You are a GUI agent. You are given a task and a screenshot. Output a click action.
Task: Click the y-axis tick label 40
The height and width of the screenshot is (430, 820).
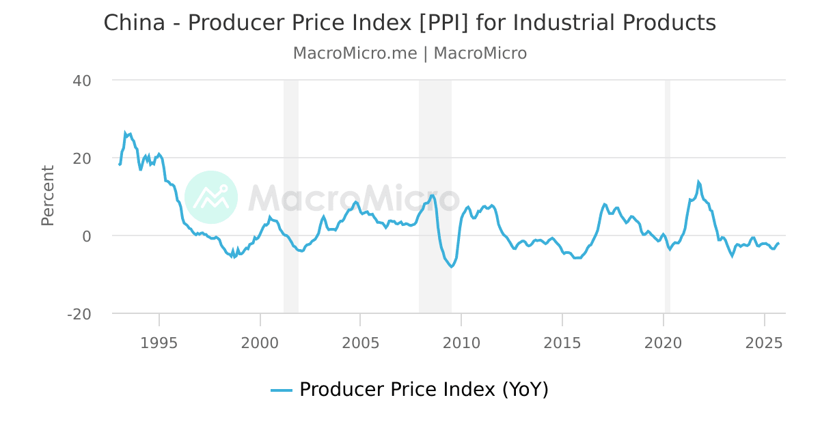tap(82, 81)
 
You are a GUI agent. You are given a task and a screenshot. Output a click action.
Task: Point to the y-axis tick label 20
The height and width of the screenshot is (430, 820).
tap(82, 158)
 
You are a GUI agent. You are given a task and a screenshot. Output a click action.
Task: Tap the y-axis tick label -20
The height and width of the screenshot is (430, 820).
tap(79, 314)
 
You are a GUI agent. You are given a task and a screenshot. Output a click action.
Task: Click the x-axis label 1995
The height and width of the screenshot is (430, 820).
tap(159, 343)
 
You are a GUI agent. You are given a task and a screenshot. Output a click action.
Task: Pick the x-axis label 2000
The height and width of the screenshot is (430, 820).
tap(260, 343)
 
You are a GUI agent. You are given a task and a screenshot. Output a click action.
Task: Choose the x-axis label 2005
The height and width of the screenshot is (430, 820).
tap(360, 343)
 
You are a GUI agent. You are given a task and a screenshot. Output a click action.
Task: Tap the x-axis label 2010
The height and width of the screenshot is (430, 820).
tap(461, 343)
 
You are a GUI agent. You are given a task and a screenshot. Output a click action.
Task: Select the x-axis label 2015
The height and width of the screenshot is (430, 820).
tap(562, 343)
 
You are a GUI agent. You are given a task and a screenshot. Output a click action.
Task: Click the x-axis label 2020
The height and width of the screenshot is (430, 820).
tap(663, 343)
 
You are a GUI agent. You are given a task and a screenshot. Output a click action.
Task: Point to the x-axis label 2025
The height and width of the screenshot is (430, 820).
tap(763, 343)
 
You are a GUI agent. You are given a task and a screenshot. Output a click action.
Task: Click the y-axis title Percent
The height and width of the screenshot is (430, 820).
tap(47, 195)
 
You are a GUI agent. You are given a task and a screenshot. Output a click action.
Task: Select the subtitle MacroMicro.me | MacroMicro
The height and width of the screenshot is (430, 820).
tap(410, 53)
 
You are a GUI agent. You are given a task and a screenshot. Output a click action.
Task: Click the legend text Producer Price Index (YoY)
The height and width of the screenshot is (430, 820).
tap(424, 390)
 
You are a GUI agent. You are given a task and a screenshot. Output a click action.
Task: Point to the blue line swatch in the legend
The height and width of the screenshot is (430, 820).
tap(282, 390)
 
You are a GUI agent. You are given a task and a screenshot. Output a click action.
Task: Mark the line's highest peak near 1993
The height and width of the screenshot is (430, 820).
tap(126, 133)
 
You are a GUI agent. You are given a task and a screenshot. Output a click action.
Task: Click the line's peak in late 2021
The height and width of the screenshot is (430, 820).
tap(698, 182)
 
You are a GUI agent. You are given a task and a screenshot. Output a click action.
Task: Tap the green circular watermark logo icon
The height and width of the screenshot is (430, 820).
tap(211, 197)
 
